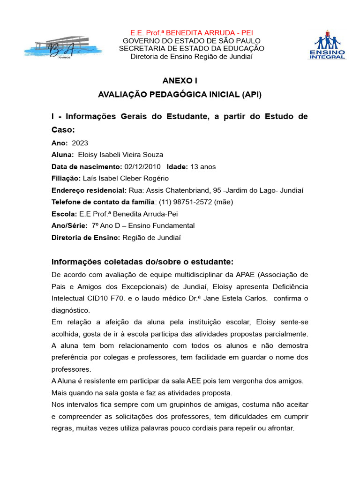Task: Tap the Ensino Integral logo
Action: (x=327, y=45)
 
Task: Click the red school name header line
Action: (x=191, y=33)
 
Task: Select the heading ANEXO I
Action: (x=180, y=81)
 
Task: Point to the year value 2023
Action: (x=80, y=143)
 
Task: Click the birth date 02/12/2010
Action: (x=142, y=166)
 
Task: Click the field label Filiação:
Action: (x=66, y=178)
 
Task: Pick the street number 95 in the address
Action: (x=217, y=190)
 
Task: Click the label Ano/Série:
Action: (x=69, y=225)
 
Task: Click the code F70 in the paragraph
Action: (x=142, y=298)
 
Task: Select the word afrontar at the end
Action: (x=279, y=428)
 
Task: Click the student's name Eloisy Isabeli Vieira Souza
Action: (x=120, y=155)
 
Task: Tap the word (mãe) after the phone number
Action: (x=225, y=202)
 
